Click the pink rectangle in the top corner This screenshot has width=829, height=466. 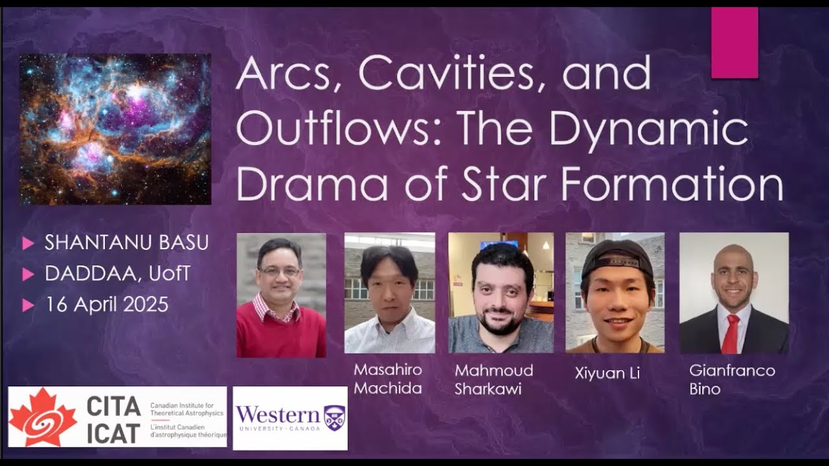pyautogui.click(x=734, y=43)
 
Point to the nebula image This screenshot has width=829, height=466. pyautogui.click(x=115, y=129)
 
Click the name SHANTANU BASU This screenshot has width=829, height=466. pyautogui.click(x=126, y=243)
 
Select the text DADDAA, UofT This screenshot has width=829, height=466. pyautogui.click(x=117, y=274)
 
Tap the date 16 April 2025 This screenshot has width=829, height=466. pyautogui.click(x=106, y=304)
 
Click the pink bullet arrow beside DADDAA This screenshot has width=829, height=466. pyautogui.click(x=28, y=274)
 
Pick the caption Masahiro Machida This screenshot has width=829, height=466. pyautogui.click(x=388, y=379)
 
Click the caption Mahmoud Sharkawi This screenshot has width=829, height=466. pyautogui.click(x=494, y=379)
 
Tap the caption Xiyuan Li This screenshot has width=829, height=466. pyautogui.click(x=607, y=373)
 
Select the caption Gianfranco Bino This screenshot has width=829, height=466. pyautogui.click(x=732, y=379)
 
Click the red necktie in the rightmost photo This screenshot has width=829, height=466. pyautogui.click(x=731, y=333)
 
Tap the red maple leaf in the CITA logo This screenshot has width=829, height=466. pyautogui.click(x=43, y=417)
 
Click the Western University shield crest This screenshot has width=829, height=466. pyautogui.click(x=334, y=417)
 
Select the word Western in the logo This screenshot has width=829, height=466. pyautogui.click(x=278, y=415)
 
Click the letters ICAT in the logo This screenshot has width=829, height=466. pyautogui.click(x=113, y=432)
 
